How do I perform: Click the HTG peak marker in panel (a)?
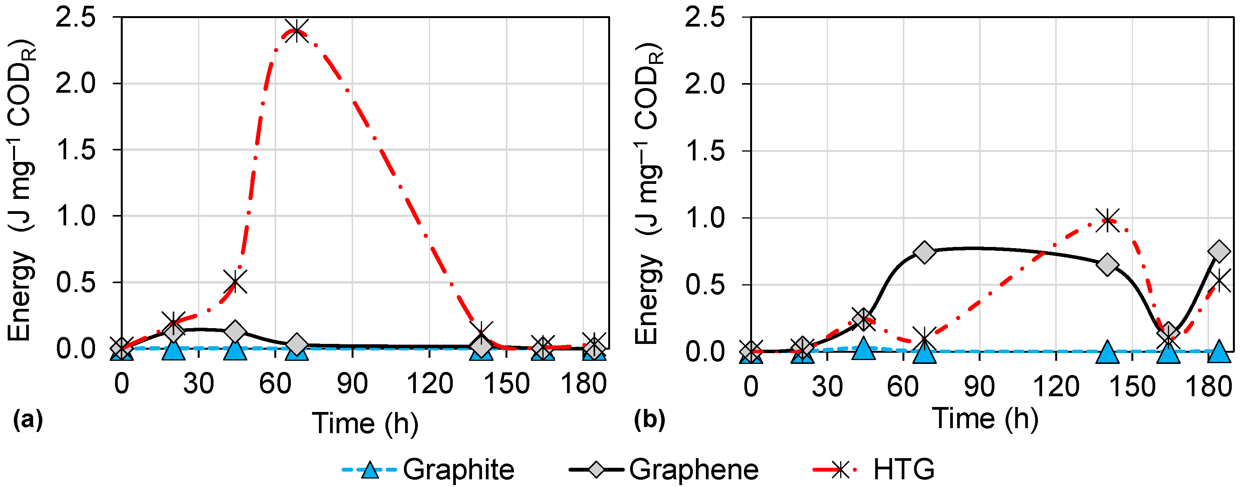coord(296,31)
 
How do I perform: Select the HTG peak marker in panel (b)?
coord(1107,221)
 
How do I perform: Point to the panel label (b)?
coord(649,420)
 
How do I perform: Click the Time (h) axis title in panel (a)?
coord(365,424)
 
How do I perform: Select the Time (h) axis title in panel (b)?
coord(985,418)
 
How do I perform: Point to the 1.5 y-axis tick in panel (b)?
coord(705,151)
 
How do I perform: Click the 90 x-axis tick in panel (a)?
coord(352,384)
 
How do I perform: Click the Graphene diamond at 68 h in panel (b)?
coord(924,252)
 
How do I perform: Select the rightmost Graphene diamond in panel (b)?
coord(1219,251)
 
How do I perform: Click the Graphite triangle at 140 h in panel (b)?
coord(1107,353)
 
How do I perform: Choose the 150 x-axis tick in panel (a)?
coord(506,384)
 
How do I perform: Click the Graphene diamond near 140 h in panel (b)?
coord(1107,264)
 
